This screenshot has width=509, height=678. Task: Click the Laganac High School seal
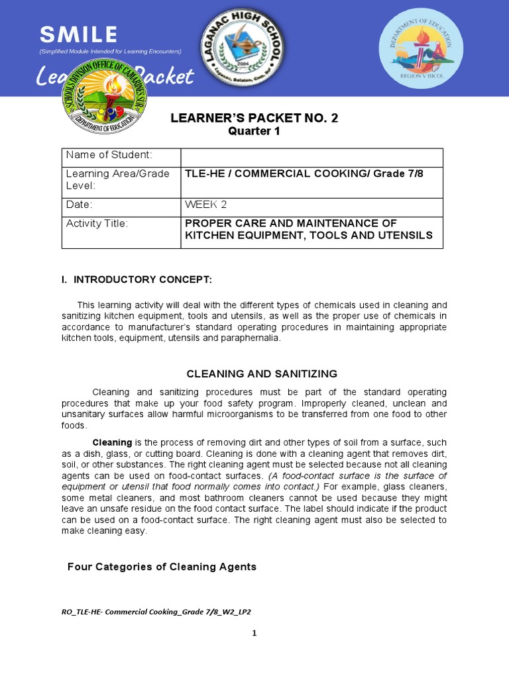click(243, 45)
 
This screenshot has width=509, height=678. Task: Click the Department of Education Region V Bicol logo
click(417, 48)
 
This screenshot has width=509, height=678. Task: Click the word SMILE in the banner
click(78, 34)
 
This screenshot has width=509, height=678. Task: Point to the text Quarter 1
click(254, 131)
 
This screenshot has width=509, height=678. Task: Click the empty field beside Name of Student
click(311, 157)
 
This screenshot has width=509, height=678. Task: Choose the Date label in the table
click(80, 205)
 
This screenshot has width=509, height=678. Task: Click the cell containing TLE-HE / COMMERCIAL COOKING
click(311, 173)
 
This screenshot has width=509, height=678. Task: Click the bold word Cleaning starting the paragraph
click(112, 442)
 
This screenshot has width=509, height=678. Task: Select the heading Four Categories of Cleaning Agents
click(162, 567)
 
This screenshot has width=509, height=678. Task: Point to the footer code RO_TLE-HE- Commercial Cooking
click(156, 612)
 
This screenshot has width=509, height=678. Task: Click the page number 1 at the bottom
click(254, 634)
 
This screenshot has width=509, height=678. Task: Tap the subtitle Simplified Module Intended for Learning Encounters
click(110, 52)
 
